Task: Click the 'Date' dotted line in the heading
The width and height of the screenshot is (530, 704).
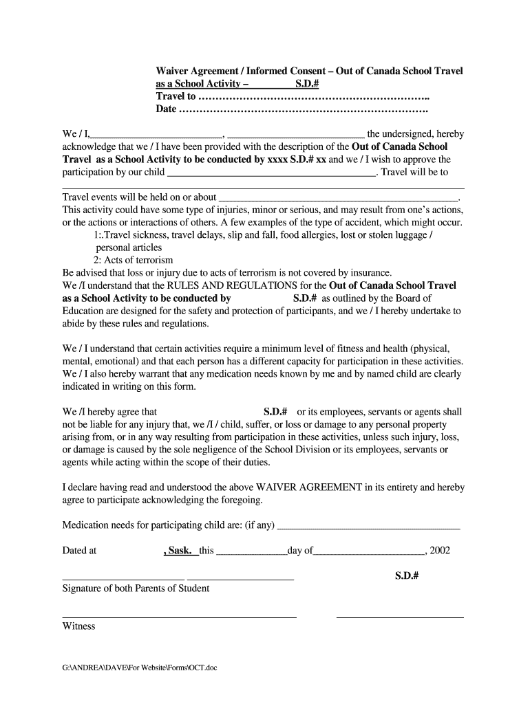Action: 303,109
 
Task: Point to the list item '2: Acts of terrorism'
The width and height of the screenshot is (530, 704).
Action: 134,261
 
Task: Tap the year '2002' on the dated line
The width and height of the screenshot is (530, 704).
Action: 440,551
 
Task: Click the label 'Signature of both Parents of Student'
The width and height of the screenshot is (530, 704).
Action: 136,588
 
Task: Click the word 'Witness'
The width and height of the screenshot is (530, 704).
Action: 79,626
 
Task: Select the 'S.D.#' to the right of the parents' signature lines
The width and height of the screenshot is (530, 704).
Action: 407,575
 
